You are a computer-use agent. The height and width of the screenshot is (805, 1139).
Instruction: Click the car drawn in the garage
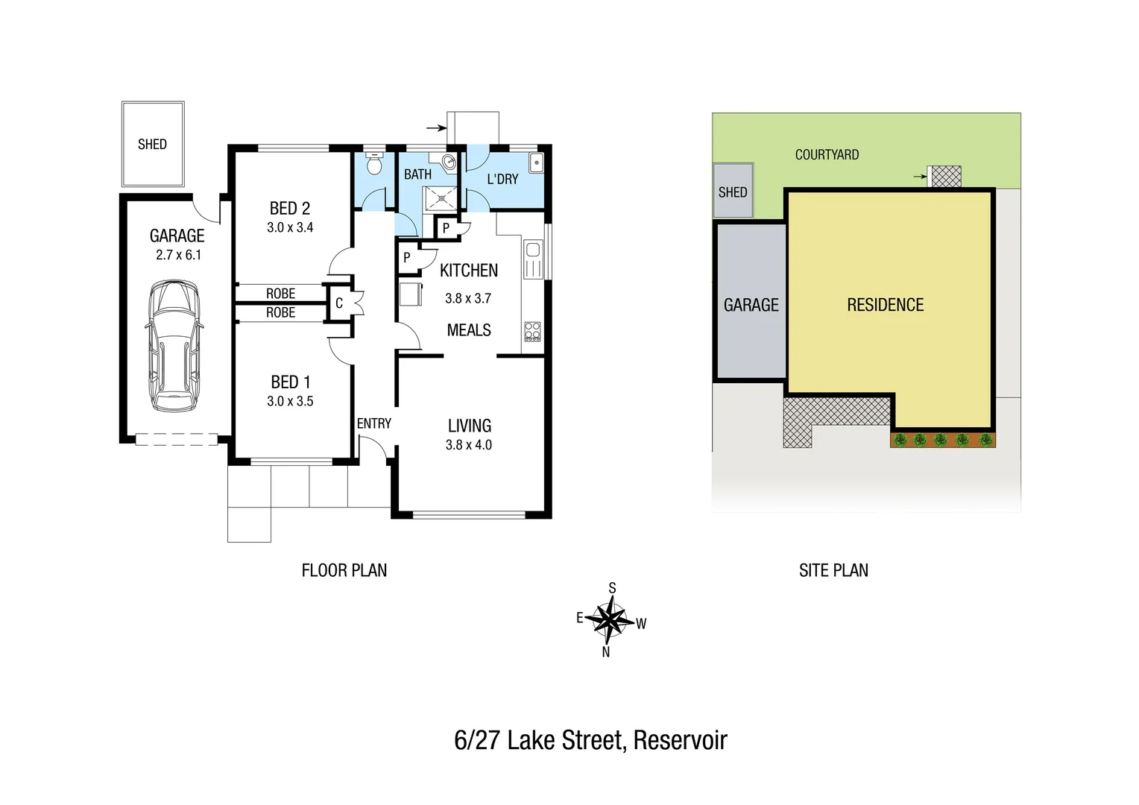coord(174,346)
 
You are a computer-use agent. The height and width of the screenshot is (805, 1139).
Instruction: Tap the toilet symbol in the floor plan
coord(374,162)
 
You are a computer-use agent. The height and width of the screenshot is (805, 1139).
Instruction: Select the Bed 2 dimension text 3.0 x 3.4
coord(290,227)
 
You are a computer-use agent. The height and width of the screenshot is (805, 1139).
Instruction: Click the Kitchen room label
coord(469,271)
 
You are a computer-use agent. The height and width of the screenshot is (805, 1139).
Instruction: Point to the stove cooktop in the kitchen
coord(532,331)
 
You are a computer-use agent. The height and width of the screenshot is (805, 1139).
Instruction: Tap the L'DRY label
coord(502,179)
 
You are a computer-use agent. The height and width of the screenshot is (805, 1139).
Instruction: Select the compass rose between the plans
coord(610,619)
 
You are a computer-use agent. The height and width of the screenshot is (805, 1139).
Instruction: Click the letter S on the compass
coord(613,588)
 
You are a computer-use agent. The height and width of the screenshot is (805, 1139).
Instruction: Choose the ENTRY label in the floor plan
coord(373,423)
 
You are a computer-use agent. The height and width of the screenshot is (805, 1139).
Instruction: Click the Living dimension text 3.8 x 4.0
coord(469,445)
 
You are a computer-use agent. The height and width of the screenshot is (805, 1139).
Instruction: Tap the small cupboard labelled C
coord(339,303)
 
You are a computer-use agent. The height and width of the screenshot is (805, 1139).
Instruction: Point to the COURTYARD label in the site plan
coord(827,155)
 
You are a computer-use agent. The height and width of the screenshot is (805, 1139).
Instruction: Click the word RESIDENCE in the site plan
coord(885,305)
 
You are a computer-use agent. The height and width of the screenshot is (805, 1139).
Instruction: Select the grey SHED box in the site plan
coord(733,192)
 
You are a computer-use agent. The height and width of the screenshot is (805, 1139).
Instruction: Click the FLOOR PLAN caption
coord(344,570)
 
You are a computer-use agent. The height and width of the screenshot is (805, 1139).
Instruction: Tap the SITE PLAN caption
coord(833,570)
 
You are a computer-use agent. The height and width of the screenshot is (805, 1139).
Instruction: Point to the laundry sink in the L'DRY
coord(536,162)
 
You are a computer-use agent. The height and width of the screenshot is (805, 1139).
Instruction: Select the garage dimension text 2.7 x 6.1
coord(178,255)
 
